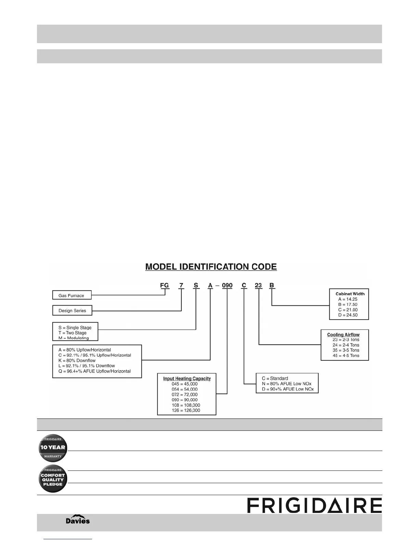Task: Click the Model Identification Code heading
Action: pyautogui.click(x=211, y=267)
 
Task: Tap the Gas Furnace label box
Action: pyautogui.click(x=72, y=295)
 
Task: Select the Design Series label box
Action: pyautogui.click(x=72, y=310)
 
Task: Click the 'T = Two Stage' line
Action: pyautogui.click(x=72, y=333)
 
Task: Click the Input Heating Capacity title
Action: pyautogui.click(x=187, y=378)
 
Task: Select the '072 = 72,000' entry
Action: pyautogui.click(x=185, y=395)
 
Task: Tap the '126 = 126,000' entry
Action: pyautogui.click(x=186, y=410)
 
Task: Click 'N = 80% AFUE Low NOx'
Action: pyautogui.click(x=287, y=384)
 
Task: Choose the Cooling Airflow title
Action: pyautogui.click(x=343, y=335)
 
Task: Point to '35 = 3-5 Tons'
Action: pyautogui.click(x=346, y=350)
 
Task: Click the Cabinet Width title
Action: pyautogui.click(x=350, y=294)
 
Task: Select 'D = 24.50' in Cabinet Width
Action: pyautogui.click(x=348, y=315)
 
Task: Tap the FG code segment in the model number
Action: pyautogui.click(x=165, y=285)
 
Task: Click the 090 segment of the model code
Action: pyautogui.click(x=227, y=285)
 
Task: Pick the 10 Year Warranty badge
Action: pyautogui.click(x=53, y=448)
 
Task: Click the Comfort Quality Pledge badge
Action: pyautogui.click(x=53, y=479)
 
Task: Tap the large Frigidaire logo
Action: pyautogui.click(x=314, y=505)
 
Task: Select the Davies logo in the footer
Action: pyautogui.click(x=78, y=520)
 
